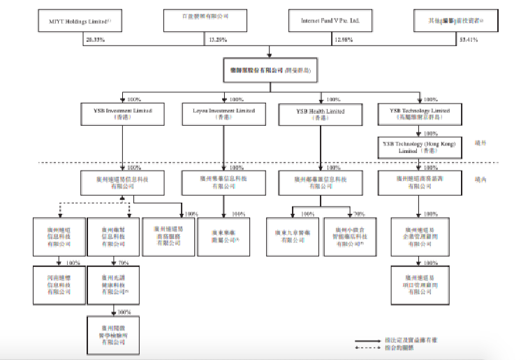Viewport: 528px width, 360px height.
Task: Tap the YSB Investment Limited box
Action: tap(122, 113)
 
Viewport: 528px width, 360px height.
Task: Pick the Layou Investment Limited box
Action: tap(223, 113)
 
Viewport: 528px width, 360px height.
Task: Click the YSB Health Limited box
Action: tap(321, 113)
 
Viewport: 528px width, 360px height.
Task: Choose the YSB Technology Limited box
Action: tap(419, 113)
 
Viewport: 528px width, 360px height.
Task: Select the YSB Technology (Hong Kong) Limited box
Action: tap(419, 146)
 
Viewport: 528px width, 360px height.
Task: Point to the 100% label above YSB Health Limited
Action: tap(332, 99)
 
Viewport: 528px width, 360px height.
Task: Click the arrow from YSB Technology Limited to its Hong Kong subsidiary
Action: tap(419, 131)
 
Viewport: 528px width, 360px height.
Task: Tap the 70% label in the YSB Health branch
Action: tap(360, 213)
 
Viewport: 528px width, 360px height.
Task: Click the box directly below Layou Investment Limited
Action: tap(223, 183)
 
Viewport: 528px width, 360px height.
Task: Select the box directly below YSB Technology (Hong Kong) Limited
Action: tap(419, 183)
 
